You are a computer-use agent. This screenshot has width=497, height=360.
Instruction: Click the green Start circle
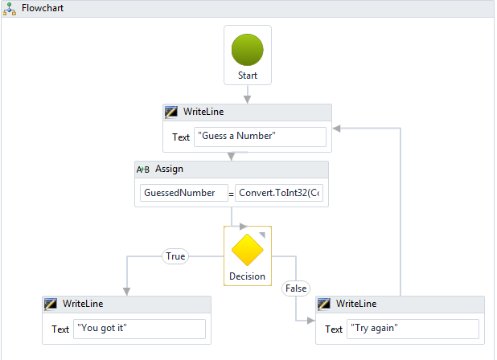(247, 50)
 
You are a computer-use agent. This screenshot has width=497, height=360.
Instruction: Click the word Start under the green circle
(248, 76)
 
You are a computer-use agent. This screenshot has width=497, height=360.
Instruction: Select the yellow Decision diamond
(247, 250)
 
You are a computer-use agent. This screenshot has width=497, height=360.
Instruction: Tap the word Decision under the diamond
(247, 276)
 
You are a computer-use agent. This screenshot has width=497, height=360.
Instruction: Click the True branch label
(175, 256)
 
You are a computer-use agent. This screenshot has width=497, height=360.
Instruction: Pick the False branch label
(296, 288)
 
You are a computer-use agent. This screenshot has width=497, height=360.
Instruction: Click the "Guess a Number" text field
(260, 137)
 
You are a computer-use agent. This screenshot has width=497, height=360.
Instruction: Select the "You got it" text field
(139, 329)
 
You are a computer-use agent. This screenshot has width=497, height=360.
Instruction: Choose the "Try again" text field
(413, 329)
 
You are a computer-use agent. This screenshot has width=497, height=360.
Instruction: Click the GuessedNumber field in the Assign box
(184, 193)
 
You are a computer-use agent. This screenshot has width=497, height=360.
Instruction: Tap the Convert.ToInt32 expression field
(279, 193)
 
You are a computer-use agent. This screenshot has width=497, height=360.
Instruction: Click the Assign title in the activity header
(169, 169)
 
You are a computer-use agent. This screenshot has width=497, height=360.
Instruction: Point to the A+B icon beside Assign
(142, 170)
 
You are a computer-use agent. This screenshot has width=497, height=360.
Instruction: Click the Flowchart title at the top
(43, 8)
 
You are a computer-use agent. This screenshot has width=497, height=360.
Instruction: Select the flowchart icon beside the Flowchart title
(10, 9)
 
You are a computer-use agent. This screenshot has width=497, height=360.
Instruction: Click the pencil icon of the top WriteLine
(170, 112)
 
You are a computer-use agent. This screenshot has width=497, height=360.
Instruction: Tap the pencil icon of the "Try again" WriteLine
(323, 304)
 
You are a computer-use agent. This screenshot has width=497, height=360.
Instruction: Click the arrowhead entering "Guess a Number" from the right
(337, 129)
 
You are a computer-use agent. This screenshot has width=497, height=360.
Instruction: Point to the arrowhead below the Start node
(247, 100)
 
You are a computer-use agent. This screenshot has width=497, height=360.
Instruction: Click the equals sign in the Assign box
(232, 194)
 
